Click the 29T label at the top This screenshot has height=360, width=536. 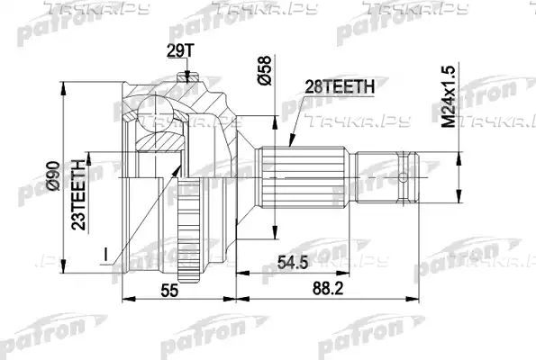click(x=180, y=51)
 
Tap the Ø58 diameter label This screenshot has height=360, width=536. click(x=264, y=70)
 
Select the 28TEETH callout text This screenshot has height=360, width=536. click(x=340, y=86)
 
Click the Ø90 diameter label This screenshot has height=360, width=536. click(x=54, y=176)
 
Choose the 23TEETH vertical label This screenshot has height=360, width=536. click(x=78, y=194)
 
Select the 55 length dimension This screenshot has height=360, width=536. click(x=169, y=291)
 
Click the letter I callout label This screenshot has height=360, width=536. click(x=106, y=255)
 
